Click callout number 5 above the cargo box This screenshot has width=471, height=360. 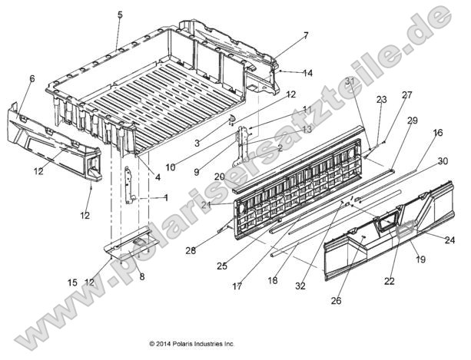pyautogui.click(x=119, y=15)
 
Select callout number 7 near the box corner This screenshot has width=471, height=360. pyautogui.click(x=284, y=35)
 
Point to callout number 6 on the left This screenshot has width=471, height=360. pyautogui.click(x=32, y=78)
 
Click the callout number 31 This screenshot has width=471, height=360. pyautogui.click(x=350, y=81)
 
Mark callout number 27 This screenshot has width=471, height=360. pyautogui.click(x=406, y=96)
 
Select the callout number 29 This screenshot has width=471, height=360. pyautogui.click(x=412, y=121)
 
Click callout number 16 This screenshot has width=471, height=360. pyautogui.click(x=438, y=133)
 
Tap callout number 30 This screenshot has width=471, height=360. pyautogui.click(x=443, y=161)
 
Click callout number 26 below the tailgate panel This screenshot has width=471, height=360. pyautogui.click(x=336, y=302)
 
